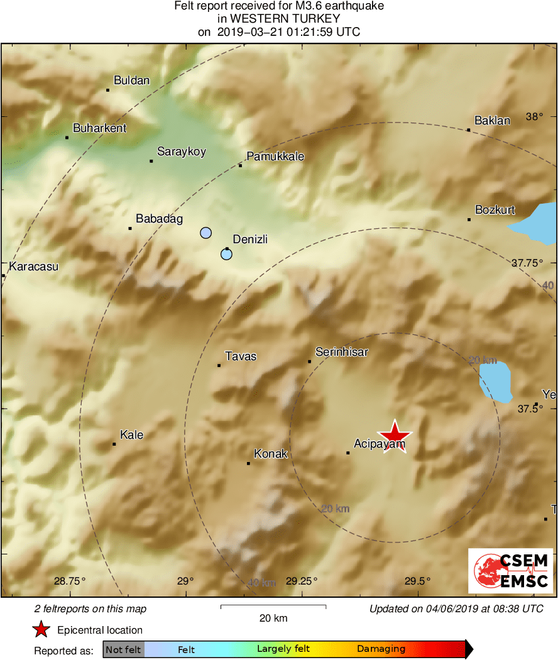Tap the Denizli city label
click(250, 239)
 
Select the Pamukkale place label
click(275, 156)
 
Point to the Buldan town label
click(131, 80)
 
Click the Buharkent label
click(99, 128)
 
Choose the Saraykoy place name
click(181, 151)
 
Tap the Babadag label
click(159, 219)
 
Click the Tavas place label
click(241, 356)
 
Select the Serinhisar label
click(341, 352)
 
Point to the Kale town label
click(131, 435)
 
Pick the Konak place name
click(270, 454)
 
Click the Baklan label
click(492, 121)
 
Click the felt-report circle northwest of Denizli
click(205, 233)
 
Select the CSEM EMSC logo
click(511, 571)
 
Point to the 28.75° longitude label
click(70, 581)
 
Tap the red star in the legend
click(41, 630)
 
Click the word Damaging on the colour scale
click(381, 649)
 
